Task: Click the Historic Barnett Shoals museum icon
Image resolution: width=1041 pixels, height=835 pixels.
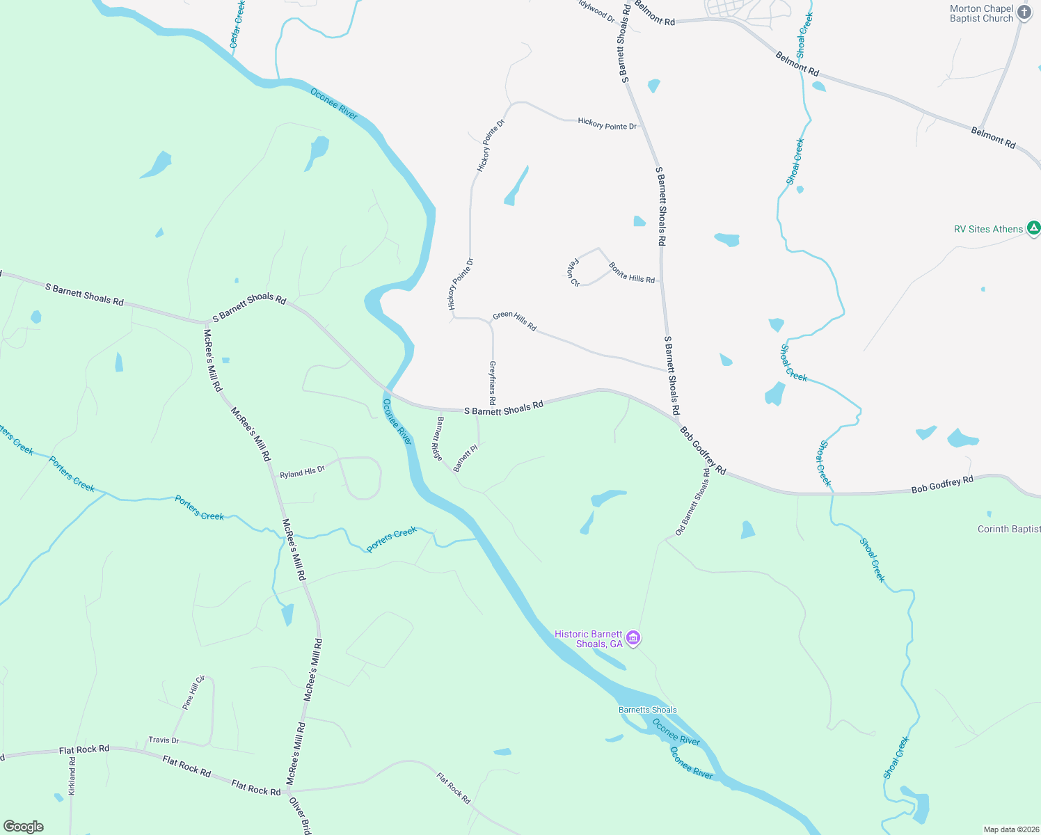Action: point(633,638)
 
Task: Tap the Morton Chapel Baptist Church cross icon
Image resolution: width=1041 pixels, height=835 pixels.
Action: point(1024,13)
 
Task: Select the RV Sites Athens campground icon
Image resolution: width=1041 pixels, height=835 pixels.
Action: point(1034,228)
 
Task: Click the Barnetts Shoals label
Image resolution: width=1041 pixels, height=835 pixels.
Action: point(647,710)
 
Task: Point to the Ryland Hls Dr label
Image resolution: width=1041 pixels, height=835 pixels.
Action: point(302,472)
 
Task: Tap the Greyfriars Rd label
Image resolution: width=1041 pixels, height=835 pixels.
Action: point(492,383)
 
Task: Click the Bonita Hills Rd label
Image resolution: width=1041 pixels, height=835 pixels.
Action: point(631,273)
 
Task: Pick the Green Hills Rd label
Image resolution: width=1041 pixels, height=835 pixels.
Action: point(514,321)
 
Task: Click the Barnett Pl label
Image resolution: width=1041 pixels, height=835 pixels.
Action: point(465,459)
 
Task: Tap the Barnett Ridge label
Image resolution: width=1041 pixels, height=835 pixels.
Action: point(438,438)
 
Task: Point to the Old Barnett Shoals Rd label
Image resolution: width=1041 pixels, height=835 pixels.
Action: point(692,502)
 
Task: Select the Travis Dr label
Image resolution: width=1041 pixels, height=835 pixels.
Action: point(164,740)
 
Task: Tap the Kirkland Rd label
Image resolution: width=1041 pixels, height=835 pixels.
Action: point(72,777)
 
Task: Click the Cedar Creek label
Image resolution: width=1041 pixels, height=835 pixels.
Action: point(237,24)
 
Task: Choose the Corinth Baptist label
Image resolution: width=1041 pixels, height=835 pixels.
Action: point(1008,529)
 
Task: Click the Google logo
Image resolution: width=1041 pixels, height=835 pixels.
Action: point(24,826)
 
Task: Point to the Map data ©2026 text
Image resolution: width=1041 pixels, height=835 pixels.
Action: point(1010,829)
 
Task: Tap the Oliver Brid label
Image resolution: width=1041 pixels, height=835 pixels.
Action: point(300,816)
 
